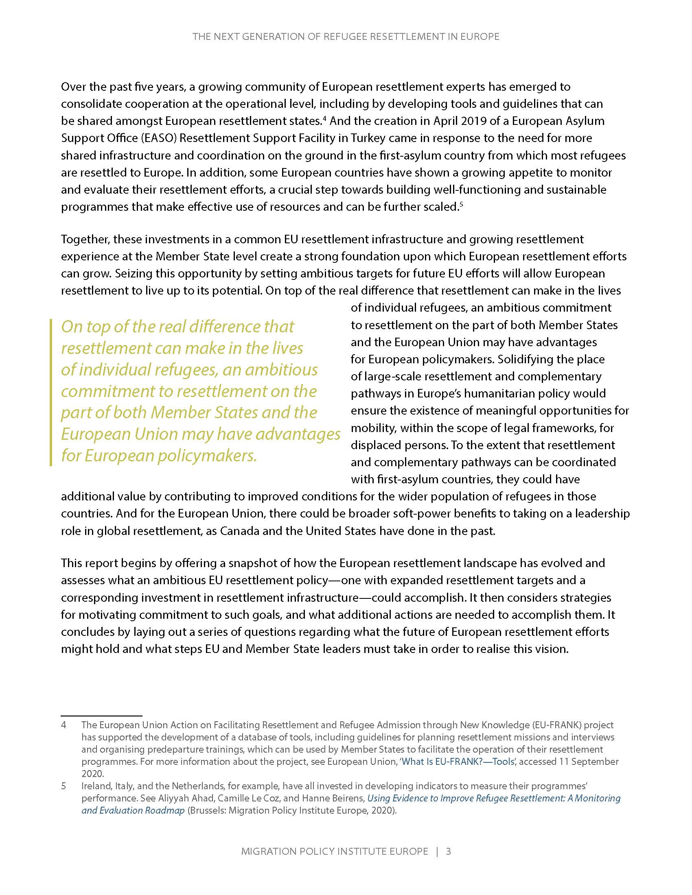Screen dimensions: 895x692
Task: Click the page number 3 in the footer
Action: [x=448, y=851]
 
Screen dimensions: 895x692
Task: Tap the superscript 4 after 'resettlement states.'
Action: [x=324, y=118]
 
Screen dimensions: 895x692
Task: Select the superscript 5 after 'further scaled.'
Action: [x=461, y=204]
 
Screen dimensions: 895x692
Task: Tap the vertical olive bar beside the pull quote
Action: [x=51, y=393]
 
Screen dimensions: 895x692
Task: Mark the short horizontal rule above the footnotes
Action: [x=101, y=715]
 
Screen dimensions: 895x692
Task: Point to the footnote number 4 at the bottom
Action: [x=64, y=725]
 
